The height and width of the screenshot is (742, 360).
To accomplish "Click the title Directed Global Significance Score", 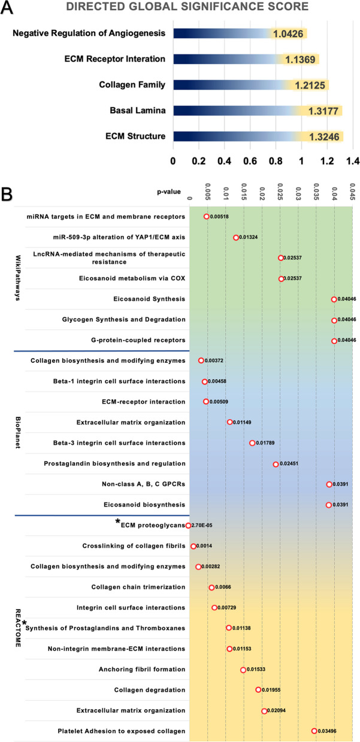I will [179, 7].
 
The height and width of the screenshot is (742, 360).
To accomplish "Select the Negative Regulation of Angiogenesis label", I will [89, 33].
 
